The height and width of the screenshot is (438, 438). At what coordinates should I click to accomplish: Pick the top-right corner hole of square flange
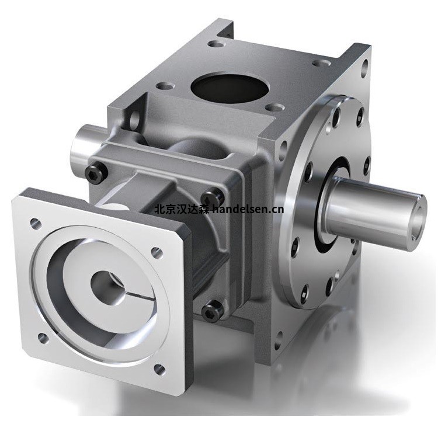coord(157,252)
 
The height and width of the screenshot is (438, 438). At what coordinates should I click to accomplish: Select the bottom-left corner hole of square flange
coord(41,338)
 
